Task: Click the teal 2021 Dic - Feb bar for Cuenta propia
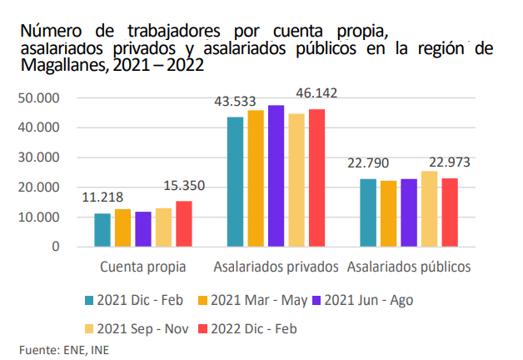[102, 230]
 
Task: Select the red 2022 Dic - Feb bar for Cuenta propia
[183, 223]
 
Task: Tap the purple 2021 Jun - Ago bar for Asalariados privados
[276, 176]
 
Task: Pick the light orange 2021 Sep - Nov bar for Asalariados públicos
[429, 208]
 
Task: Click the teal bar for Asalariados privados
[235, 182]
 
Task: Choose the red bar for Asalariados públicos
[450, 212]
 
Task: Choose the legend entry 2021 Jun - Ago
[367, 299]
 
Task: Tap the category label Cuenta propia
[142, 267]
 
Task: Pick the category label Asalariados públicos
[409, 267]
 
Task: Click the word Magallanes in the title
[57, 67]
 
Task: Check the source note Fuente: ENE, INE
[63, 349]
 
